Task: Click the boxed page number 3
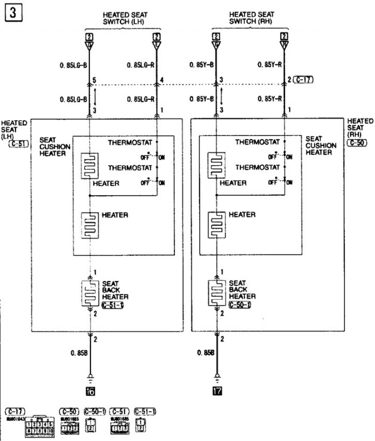pyautogui.click(x=13, y=13)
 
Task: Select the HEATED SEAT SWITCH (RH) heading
pyautogui.click(x=252, y=18)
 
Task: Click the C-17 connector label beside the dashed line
pyautogui.click(x=304, y=80)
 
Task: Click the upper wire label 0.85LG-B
pyautogui.click(x=74, y=65)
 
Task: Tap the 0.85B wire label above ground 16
pyautogui.click(x=80, y=353)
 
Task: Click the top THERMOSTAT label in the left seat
pyautogui.click(x=130, y=142)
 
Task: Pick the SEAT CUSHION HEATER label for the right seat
pyautogui.click(x=320, y=145)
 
